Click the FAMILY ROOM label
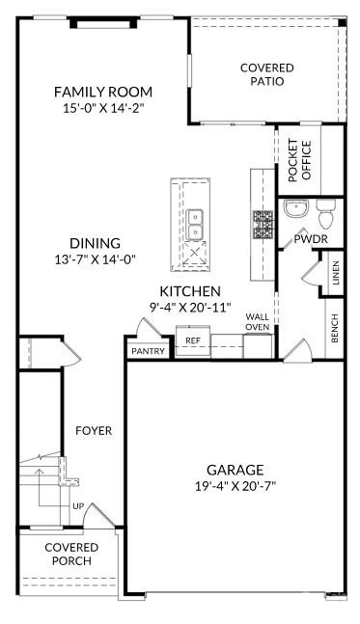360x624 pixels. [102, 93]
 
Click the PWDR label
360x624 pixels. [308, 237]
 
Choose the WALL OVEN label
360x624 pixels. [257, 322]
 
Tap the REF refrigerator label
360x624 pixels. [193, 340]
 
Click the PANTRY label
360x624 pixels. [149, 351]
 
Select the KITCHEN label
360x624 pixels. [190, 291]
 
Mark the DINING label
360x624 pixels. [95, 243]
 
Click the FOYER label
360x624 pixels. [94, 430]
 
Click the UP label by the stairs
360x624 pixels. [77, 505]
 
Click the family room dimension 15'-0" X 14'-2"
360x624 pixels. [102, 109]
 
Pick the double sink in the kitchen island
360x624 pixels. [195, 224]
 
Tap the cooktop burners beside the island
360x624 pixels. [263, 225]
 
